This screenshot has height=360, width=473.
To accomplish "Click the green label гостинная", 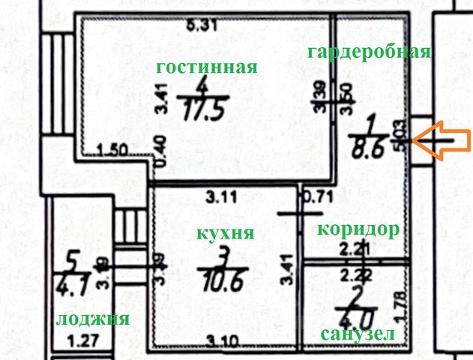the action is pyautogui.click(x=206, y=67).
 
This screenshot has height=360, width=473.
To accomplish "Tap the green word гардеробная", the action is pyautogui.click(x=370, y=52).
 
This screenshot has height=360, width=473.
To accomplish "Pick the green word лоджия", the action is pyautogui.click(x=92, y=319).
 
